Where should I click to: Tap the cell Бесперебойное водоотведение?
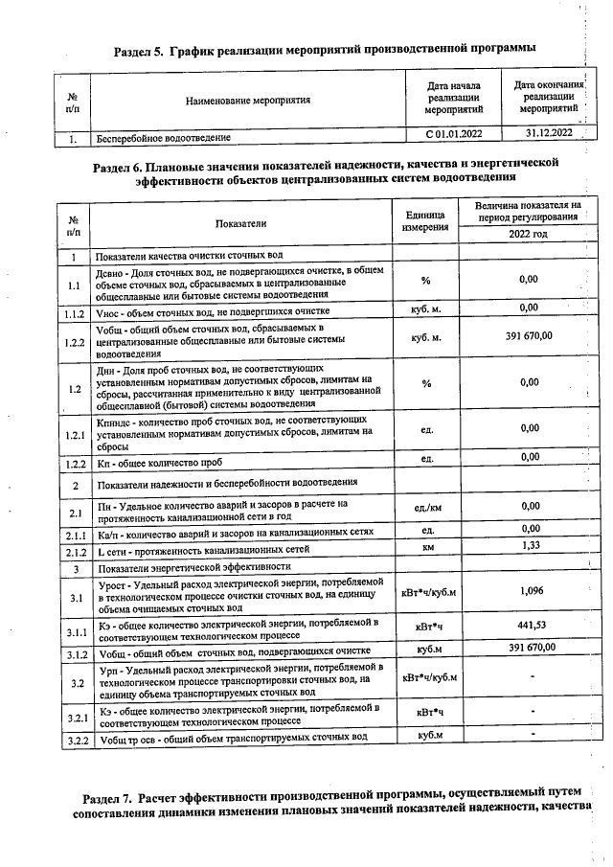(x=163, y=139)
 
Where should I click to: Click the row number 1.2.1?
(x=74, y=436)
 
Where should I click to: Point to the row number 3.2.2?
(x=74, y=739)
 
